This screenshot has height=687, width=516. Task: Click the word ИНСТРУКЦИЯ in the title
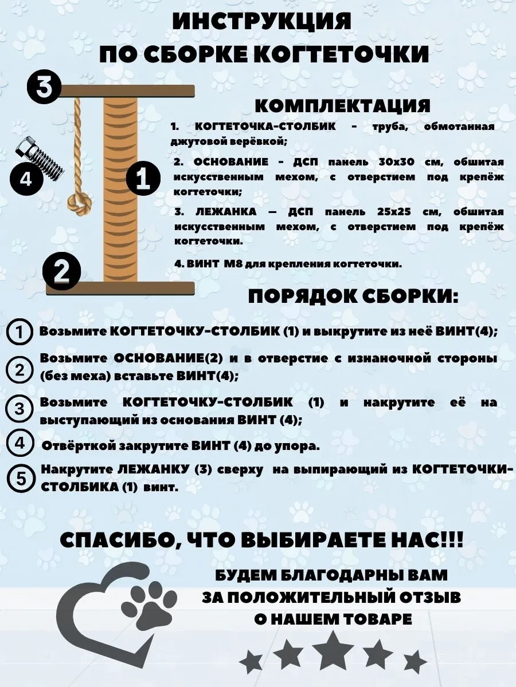[261, 22]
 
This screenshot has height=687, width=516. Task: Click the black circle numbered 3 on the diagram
[44, 86]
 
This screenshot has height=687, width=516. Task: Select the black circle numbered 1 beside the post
[143, 178]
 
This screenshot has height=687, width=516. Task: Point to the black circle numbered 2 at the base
[62, 271]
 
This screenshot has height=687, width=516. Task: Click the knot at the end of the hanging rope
[80, 203]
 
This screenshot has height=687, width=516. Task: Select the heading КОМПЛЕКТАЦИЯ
[342, 106]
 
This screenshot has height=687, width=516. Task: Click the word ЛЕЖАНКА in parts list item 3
[226, 212]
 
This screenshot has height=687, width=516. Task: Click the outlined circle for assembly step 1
[19, 331]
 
